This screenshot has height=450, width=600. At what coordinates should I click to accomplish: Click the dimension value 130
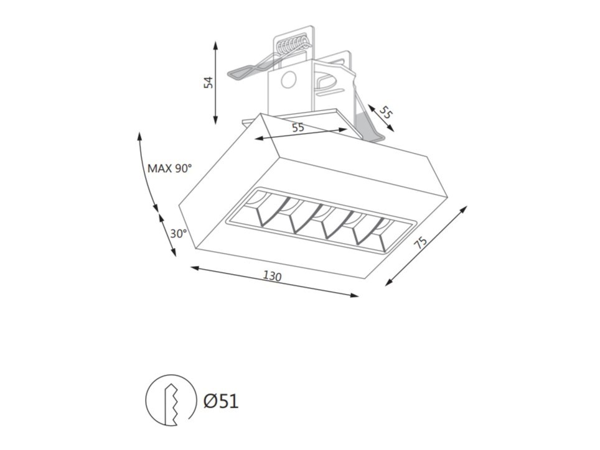272,276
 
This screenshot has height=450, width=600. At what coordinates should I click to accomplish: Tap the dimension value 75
421,244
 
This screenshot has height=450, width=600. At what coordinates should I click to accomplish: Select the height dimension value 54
208,83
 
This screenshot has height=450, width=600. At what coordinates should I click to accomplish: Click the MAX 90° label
169,168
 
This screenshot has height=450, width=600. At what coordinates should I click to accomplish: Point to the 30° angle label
178,234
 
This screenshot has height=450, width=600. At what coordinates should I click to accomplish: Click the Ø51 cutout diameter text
221,402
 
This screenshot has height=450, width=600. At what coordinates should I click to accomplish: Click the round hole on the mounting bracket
289,80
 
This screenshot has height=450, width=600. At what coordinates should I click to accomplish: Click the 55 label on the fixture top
298,127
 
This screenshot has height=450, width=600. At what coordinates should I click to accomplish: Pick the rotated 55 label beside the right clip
387,112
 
